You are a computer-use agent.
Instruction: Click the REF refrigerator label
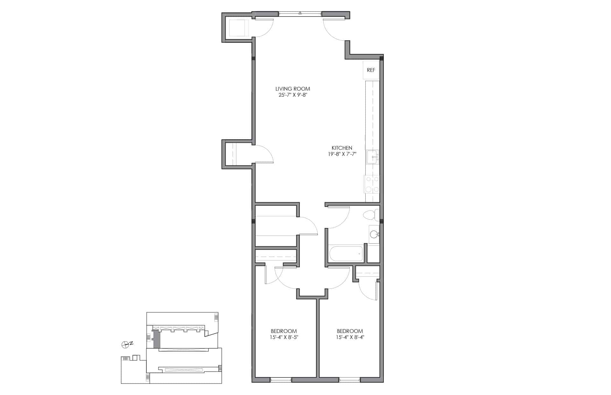(x=371, y=70)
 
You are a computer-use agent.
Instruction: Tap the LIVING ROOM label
(x=292, y=89)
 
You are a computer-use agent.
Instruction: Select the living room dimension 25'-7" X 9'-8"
(x=292, y=95)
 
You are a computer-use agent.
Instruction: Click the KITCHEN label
(x=342, y=148)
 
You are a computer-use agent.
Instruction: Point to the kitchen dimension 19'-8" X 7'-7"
(x=342, y=154)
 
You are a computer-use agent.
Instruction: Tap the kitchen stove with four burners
(x=372, y=184)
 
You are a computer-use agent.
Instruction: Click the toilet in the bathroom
(x=372, y=215)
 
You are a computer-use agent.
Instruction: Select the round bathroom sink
(x=374, y=235)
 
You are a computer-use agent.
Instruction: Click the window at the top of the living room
(x=300, y=14)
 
